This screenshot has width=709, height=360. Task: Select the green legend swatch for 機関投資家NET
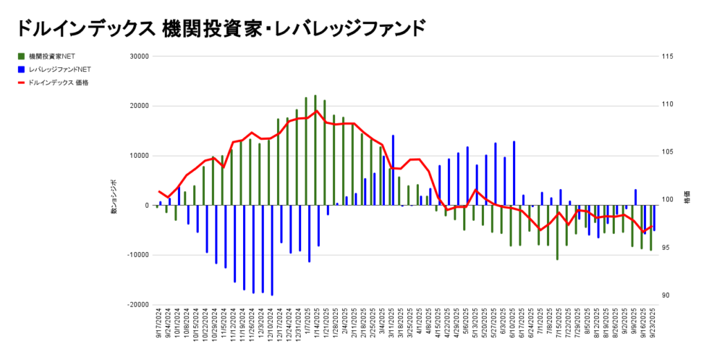[22, 56]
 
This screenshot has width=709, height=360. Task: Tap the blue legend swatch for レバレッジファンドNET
[22, 69]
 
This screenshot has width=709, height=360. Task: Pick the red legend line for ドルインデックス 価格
[22, 82]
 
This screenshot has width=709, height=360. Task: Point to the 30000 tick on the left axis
[140, 57]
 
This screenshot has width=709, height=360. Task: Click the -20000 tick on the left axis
[138, 305]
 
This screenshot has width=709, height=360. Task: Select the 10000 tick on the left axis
[140, 156]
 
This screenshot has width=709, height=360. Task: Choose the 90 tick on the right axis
[665, 296]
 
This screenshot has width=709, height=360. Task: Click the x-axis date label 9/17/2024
[159, 330]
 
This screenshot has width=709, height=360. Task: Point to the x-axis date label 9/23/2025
[653, 330]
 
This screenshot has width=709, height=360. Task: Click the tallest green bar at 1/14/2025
[315, 150]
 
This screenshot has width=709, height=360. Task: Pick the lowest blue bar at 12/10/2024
[272, 250]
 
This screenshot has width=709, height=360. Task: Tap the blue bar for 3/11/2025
[393, 170]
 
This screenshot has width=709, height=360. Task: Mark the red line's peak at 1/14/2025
[316, 111]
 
